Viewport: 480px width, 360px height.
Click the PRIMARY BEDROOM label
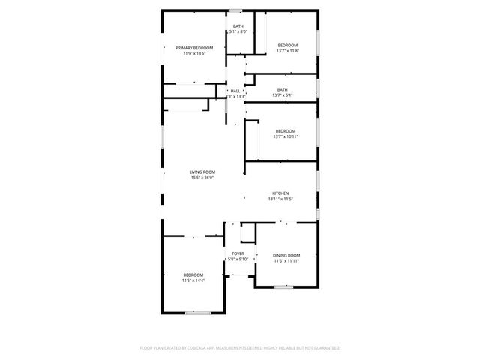pos(190,48)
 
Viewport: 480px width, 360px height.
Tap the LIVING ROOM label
pos(202,172)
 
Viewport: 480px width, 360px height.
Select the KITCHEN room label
pos(280,193)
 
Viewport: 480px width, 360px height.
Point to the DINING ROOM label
pos(287,256)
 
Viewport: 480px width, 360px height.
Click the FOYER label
pos(238,253)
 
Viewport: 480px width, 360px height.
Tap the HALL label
pos(235,91)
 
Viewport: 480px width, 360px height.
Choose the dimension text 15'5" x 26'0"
pos(202,178)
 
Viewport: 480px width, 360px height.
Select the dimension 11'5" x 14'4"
pos(193,280)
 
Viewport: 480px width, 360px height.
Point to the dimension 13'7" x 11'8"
pos(288,51)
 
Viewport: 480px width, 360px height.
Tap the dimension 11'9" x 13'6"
pos(190,53)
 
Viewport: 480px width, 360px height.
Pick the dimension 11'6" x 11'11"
pos(286,261)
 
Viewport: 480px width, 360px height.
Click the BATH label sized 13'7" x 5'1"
pos(282,89)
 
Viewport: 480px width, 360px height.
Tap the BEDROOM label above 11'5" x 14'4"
pos(193,275)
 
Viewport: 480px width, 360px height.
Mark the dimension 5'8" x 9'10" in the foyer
pos(238,259)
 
